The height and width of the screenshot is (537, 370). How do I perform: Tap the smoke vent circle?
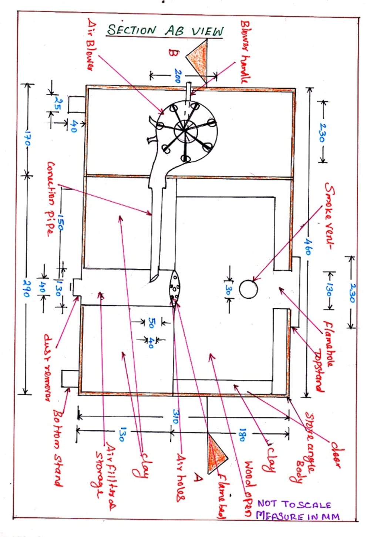click(248, 289)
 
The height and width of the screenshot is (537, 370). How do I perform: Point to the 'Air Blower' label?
click(91, 44)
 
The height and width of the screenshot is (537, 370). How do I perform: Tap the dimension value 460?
click(307, 246)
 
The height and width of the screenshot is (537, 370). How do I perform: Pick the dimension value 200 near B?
click(178, 76)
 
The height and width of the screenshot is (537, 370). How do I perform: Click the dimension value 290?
click(26, 288)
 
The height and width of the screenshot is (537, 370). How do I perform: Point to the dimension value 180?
click(242, 435)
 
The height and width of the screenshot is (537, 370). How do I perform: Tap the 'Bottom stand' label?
click(58, 447)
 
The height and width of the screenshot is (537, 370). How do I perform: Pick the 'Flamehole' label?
click(328, 344)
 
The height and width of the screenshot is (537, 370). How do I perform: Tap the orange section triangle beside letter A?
click(216, 453)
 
